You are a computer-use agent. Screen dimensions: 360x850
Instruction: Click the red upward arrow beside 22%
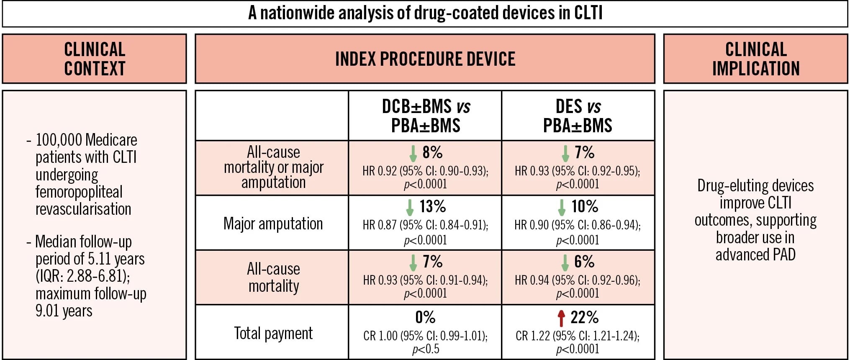click(561, 318)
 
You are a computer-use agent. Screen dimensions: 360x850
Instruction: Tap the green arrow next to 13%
click(410, 207)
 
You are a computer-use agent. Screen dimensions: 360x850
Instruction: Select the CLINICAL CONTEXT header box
click(94, 59)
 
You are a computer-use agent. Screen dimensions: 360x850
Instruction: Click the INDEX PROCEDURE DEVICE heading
click(425, 59)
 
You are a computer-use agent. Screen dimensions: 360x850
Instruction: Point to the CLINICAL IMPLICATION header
click(755, 59)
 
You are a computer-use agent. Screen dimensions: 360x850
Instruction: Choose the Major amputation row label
click(273, 224)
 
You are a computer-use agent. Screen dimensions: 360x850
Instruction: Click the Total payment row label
click(273, 333)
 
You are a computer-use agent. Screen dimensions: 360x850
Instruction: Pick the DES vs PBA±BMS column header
click(578, 116)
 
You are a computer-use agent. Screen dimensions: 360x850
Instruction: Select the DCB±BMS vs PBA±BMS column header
click(426, 116)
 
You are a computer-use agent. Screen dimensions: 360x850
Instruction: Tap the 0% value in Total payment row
click(425, 317)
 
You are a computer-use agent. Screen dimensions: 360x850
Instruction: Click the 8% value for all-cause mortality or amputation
click(432, 152)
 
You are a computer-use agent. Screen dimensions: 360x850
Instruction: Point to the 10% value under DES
click(585, 206)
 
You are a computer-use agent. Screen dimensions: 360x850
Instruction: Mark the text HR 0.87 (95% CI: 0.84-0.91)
click(425, 225)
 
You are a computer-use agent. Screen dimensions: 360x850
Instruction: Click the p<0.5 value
click(426, 349)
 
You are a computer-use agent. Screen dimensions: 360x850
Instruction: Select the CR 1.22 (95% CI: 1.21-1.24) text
click(578, 336)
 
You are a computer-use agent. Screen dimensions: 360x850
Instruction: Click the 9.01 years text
click(64, 311)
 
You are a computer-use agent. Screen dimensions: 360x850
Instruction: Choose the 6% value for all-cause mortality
click(584, 262)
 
